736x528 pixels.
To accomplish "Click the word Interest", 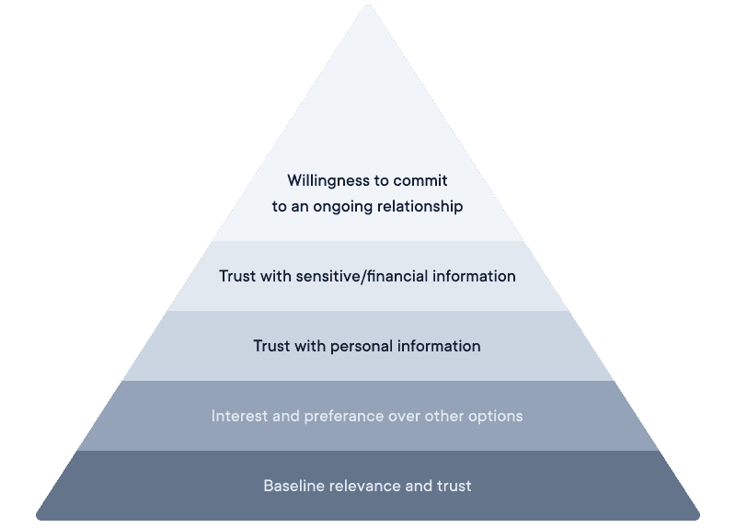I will (237, 416).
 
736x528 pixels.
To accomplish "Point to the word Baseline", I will (293, 486).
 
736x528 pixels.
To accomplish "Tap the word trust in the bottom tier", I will (453, 486).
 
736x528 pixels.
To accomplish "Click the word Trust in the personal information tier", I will (272, 346).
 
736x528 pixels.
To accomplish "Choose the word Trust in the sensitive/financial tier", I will (238, 276).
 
